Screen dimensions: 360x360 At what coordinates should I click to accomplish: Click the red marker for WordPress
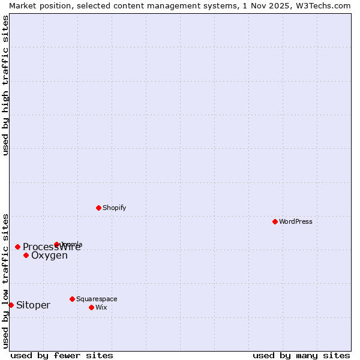pyautogui.click(x=275, y=221)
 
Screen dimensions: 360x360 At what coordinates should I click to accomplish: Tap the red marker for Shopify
pyautogui.click(x=98, y=208)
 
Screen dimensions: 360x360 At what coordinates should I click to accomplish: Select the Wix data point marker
pyautogui.click(x=91, y=307)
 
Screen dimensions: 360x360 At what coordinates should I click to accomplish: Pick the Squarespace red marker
pyautogui.click(x=72, y=299)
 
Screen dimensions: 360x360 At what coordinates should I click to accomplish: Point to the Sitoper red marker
pyautogui.click(x=11, y=305)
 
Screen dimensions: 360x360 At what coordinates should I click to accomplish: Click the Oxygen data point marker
pyautogui.click(x=26, y=255)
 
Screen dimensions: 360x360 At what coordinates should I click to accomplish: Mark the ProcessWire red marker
pyautogui.click(x=17, y=247)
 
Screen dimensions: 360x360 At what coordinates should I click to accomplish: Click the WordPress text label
pyautogui.click(x=296, y=221)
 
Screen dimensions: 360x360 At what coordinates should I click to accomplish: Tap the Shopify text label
pyautogui.click(x=115, y=208)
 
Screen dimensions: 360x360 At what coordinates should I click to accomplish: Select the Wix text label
pyautogui.click(x=101, y=307)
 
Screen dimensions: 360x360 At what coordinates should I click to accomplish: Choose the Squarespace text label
pyautogui.click(x=97, y=299)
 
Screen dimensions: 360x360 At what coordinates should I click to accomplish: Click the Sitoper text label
pyautogui.click(x=33, y=305)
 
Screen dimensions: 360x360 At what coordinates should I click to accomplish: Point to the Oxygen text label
pyautogui.click(x=49, y=256)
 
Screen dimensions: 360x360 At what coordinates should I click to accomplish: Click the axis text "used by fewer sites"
pyautogui.click(x=62, y=355)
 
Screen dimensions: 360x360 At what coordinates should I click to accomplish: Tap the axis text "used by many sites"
pyautogui.click(x=301, y=355)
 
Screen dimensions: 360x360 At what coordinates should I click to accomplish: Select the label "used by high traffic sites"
pyautogui.click(x=5, y=85)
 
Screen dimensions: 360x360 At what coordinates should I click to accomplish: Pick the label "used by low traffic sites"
pyautogui.click(x=5, y=280)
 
